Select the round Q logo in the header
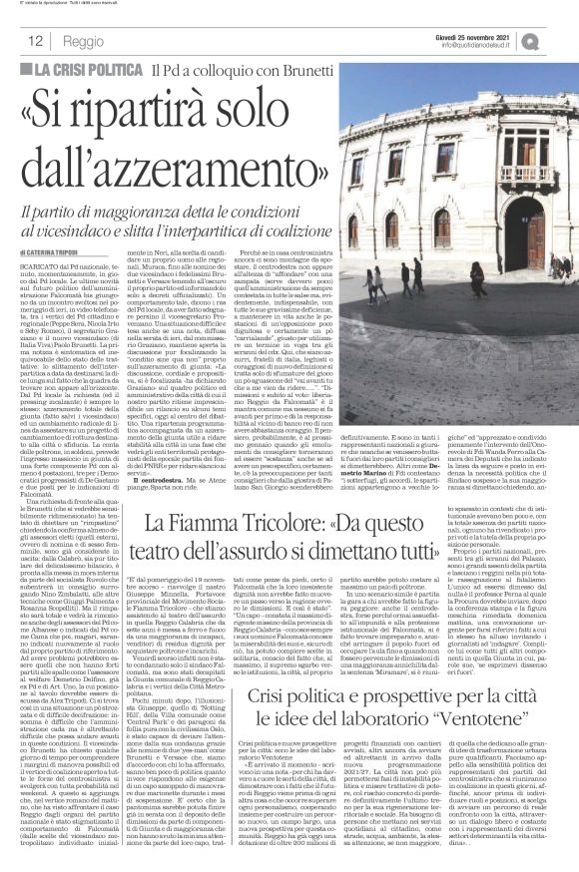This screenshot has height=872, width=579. (558, 40)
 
